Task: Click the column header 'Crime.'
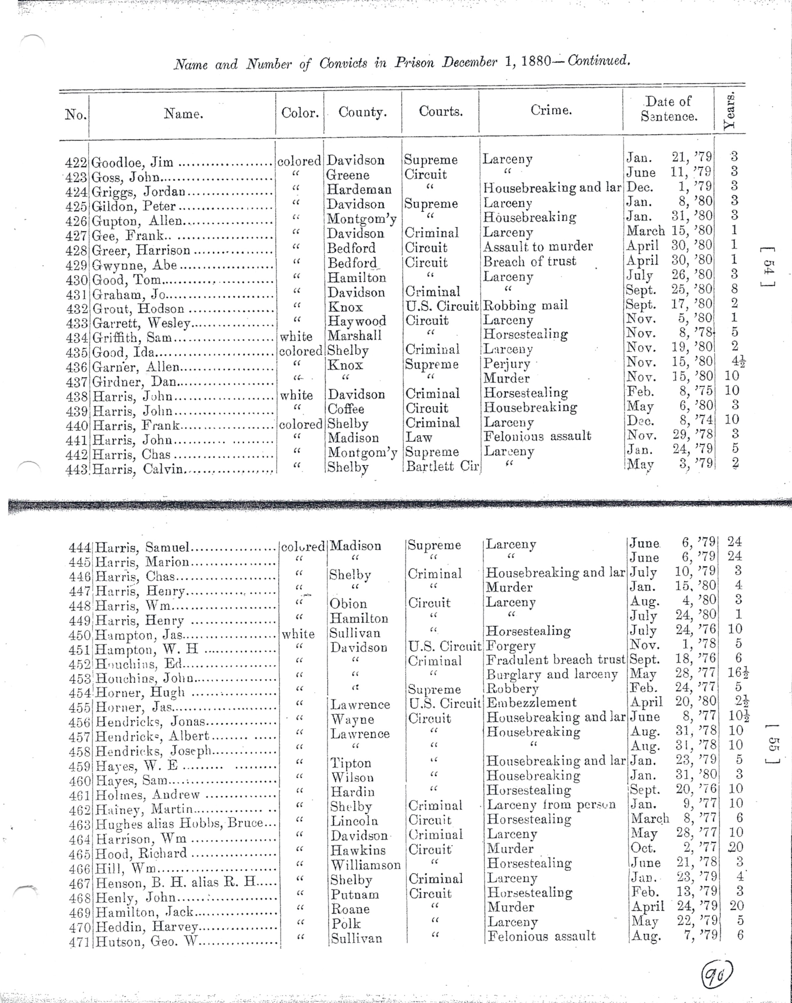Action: point(551,110)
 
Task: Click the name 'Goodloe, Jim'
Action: point(132,162)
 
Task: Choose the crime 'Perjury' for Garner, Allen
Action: point(506,364)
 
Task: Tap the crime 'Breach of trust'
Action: point(529,262)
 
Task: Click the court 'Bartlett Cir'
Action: point(442,466)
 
